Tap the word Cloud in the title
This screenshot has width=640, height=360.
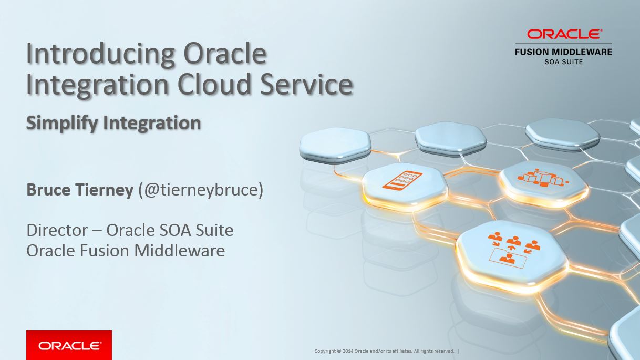click(214, 84)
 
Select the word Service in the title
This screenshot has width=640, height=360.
click(306, 84)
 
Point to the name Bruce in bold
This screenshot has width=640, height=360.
click(48, 190)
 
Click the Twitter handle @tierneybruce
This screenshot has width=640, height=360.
click(201, 190)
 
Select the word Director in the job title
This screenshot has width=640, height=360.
click(57, 230)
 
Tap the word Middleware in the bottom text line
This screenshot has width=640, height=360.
click(179, 251)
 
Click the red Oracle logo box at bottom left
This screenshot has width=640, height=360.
click(69, 345)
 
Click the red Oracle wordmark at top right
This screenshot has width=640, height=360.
click(564, 34)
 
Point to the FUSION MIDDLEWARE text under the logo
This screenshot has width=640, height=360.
click(563, 52)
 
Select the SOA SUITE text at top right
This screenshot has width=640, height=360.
click(563, 61)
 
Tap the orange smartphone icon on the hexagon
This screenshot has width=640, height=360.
click(402, 179)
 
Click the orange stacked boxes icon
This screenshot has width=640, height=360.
click(542, 177)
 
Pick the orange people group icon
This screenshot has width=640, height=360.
click(514, 248)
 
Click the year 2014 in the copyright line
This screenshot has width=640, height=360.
click(347, 351)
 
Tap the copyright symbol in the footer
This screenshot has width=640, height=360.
click(339, 351)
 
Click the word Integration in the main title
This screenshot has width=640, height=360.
click(98, 85)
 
